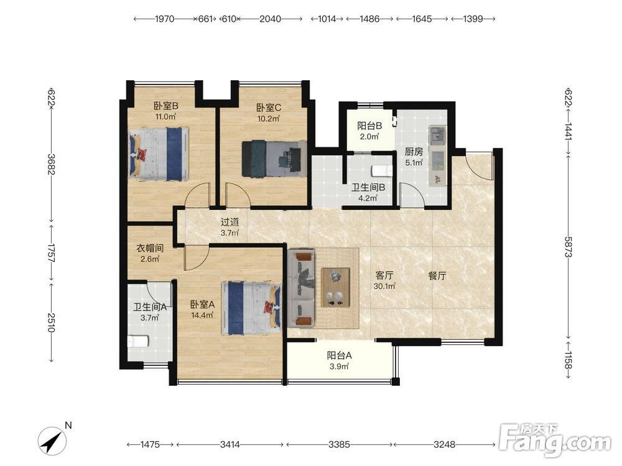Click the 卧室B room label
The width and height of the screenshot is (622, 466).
[166, 106]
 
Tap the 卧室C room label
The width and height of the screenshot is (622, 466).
[269, 107]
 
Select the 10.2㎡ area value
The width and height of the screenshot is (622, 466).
[269, 118]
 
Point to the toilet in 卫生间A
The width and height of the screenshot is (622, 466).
[137, 341]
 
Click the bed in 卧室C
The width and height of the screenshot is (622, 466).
[274, 158]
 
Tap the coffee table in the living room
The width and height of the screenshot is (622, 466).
[336, 287]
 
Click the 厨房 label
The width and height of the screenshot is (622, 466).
[414, 152]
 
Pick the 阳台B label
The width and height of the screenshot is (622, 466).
[369, 126]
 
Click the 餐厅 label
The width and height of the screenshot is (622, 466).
[437, 276]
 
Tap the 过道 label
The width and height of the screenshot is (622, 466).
[230, 222]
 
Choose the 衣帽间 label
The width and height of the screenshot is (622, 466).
[150, 249]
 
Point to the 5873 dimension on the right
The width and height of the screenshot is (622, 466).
[568, 247]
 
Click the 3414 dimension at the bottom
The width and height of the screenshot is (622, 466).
[230, 445]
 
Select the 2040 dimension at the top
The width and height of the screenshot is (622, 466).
[270, 19]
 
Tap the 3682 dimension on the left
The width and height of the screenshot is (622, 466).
[51, 163]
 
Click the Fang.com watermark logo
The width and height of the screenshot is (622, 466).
[555, 440]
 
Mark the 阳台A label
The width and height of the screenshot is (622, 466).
[339, 355]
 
